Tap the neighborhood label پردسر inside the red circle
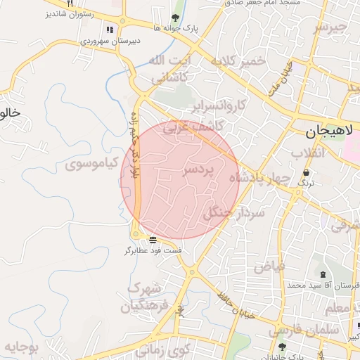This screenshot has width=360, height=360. click(201, 171)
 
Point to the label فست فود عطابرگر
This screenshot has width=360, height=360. click(153, 250)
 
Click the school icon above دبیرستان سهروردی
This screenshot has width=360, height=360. click(109, 30)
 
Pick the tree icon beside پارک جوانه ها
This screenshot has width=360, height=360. click(175, 18)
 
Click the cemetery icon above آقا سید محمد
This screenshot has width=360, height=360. click(323, 274)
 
